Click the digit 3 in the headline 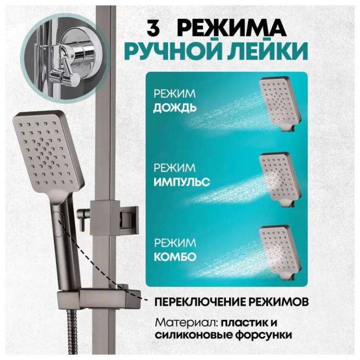[x=153, y=29]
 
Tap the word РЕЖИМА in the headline [x=232, y=29]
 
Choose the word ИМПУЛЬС [x=181, y=182]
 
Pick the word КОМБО [x=175, y=257]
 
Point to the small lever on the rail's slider [x=82, y=218]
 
